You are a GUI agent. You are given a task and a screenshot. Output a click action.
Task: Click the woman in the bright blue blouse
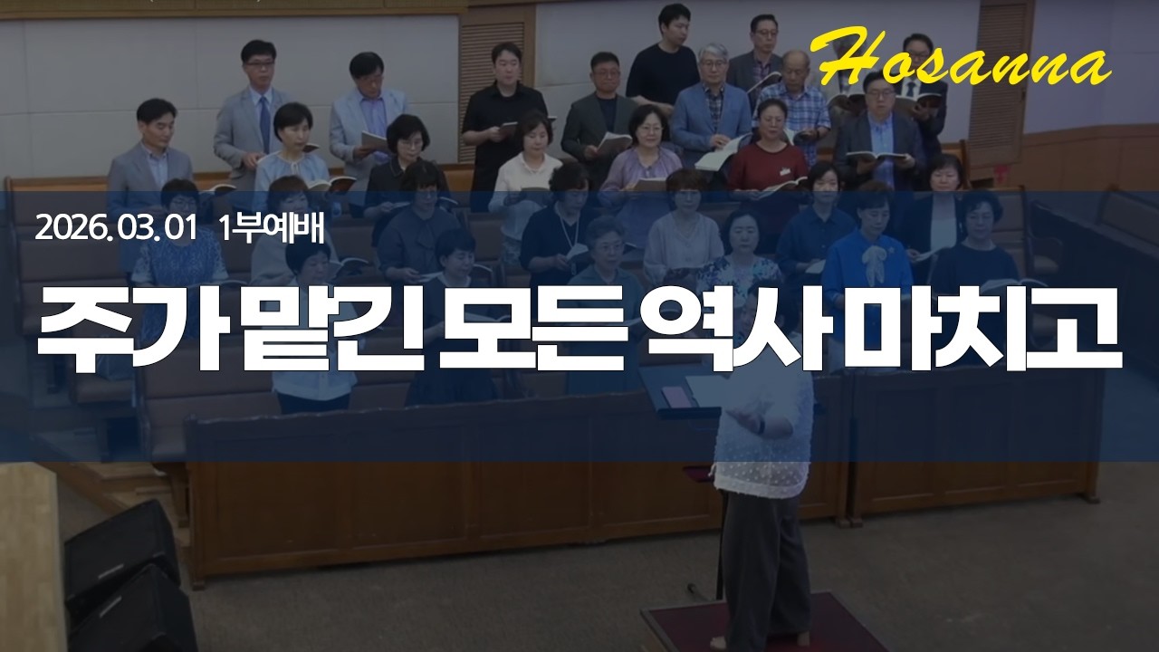[867, 258]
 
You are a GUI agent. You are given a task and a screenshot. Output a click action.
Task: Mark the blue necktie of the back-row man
[264, 122]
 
